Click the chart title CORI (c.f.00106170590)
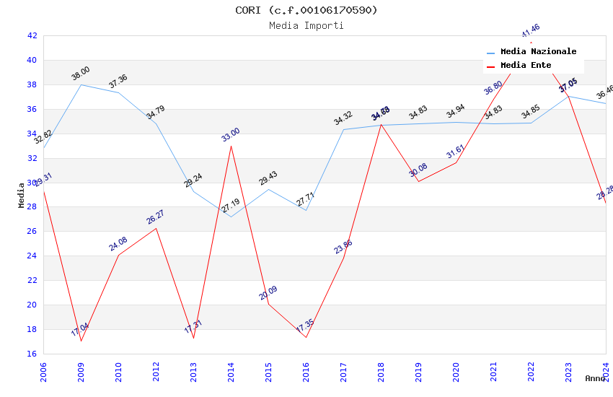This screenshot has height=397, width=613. [306, 10]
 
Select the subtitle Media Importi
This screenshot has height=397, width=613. [306, 26]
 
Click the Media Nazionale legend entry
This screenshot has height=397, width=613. [538, 52]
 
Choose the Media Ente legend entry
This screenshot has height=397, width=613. [525, 66]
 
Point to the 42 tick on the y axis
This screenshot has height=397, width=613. [32, 35]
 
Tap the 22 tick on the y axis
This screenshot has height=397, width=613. [32, 280]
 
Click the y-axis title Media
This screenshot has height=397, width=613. [22, 195]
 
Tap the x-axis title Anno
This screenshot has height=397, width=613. [595, 378]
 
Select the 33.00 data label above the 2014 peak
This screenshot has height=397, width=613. [230, 134]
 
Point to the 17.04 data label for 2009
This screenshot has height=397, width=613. [79, 330]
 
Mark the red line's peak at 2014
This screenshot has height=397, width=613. [231, 146]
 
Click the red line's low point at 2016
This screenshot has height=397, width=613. [306, 337]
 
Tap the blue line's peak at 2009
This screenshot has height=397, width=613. [81, 84]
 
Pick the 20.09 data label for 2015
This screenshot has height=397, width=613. [268, 293]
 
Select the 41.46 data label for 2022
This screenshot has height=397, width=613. [530, 31]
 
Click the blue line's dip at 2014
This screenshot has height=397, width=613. [231, 217]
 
